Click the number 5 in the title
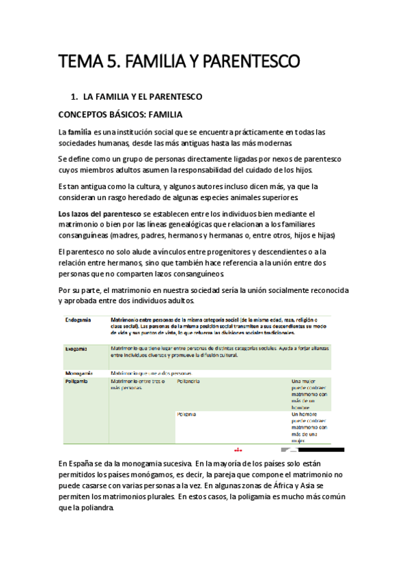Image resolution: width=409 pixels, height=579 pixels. pos(111,63)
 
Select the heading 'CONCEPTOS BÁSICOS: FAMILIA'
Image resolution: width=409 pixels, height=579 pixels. pos(120,113)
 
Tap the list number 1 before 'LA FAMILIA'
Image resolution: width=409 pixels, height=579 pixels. pos(83,97)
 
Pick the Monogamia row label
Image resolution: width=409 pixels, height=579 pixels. pos(79,373)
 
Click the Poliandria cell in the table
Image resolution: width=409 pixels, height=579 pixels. pos(188,382)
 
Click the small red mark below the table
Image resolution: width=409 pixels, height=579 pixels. pos(238,450)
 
